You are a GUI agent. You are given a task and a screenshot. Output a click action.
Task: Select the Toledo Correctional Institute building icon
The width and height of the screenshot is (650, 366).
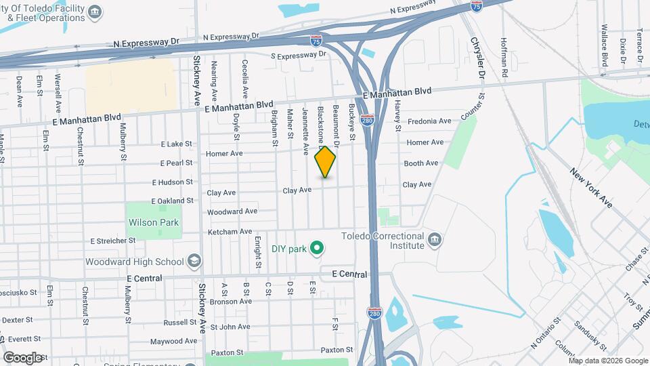pyautogui.click(x=434, y=240)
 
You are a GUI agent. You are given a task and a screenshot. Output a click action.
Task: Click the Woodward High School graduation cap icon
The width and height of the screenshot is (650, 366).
pyautogui.click(x=194, y=262)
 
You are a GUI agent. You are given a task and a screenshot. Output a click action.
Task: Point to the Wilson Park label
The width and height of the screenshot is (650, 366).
pyautogui.click(x=154, y=222)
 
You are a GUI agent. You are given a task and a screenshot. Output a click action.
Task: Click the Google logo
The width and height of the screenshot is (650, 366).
pyautogui.click(x=22, y=357)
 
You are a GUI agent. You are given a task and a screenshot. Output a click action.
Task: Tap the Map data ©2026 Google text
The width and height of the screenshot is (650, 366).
pyautogui.click(x=608, y=360)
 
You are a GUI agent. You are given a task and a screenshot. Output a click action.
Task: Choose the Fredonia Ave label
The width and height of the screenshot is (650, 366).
pyautogui.click(x=429, y=121)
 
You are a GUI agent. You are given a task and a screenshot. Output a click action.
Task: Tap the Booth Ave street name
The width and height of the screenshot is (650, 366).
pyautogui.click(x=422, y=163)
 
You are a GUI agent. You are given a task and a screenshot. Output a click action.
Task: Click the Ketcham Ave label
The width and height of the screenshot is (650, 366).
pyautogui.click(x=230, y=232)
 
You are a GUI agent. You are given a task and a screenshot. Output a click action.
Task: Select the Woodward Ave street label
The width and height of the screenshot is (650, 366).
pyautogui.click(x=232, y=211)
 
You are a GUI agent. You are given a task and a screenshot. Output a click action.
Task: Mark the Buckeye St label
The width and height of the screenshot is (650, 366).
pyautogui.click(x=352, y=122)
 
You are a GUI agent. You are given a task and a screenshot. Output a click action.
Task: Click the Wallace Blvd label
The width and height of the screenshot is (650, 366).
pyautogui.click(x=605, y=46)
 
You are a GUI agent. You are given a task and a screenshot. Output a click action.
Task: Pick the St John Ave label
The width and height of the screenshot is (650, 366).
pyautogui.click(x=231, y=327)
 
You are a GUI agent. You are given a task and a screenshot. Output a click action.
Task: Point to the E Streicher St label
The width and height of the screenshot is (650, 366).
pyautogui.click(x=113, y=241)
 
